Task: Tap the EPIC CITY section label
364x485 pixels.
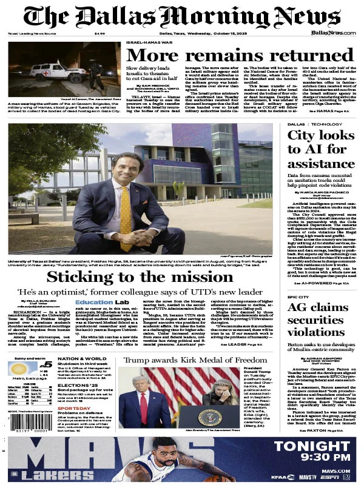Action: pyautogui.click(x=298, y=296)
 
